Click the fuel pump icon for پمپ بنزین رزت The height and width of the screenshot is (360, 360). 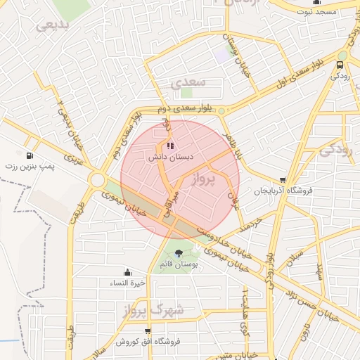[29, 155]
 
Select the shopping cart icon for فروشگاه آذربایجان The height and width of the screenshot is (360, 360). [283, 180]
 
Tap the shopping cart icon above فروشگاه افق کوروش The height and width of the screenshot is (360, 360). [146, 331]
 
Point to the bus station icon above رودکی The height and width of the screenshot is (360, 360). [340, 63]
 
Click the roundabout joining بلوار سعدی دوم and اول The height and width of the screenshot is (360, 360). [221, 110]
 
